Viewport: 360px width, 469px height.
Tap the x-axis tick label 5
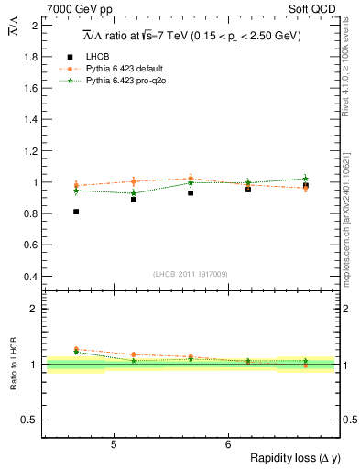pyautogui.click(x=113, y=445)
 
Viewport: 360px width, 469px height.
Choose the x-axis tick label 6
pyautogui.click(x=227, y=445)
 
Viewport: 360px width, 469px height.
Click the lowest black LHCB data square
pyautogui.click(x=76, y=212)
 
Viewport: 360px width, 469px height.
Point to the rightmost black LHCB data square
pyautogui.click(x=305, y=186)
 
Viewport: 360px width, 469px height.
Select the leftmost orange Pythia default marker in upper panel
pyautogui.click(x=76, y=185)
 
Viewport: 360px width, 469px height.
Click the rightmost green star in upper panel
pyautogui.click(x=305, y=179)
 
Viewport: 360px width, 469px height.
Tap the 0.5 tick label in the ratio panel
pyautogui.click(x=28, y=420)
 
